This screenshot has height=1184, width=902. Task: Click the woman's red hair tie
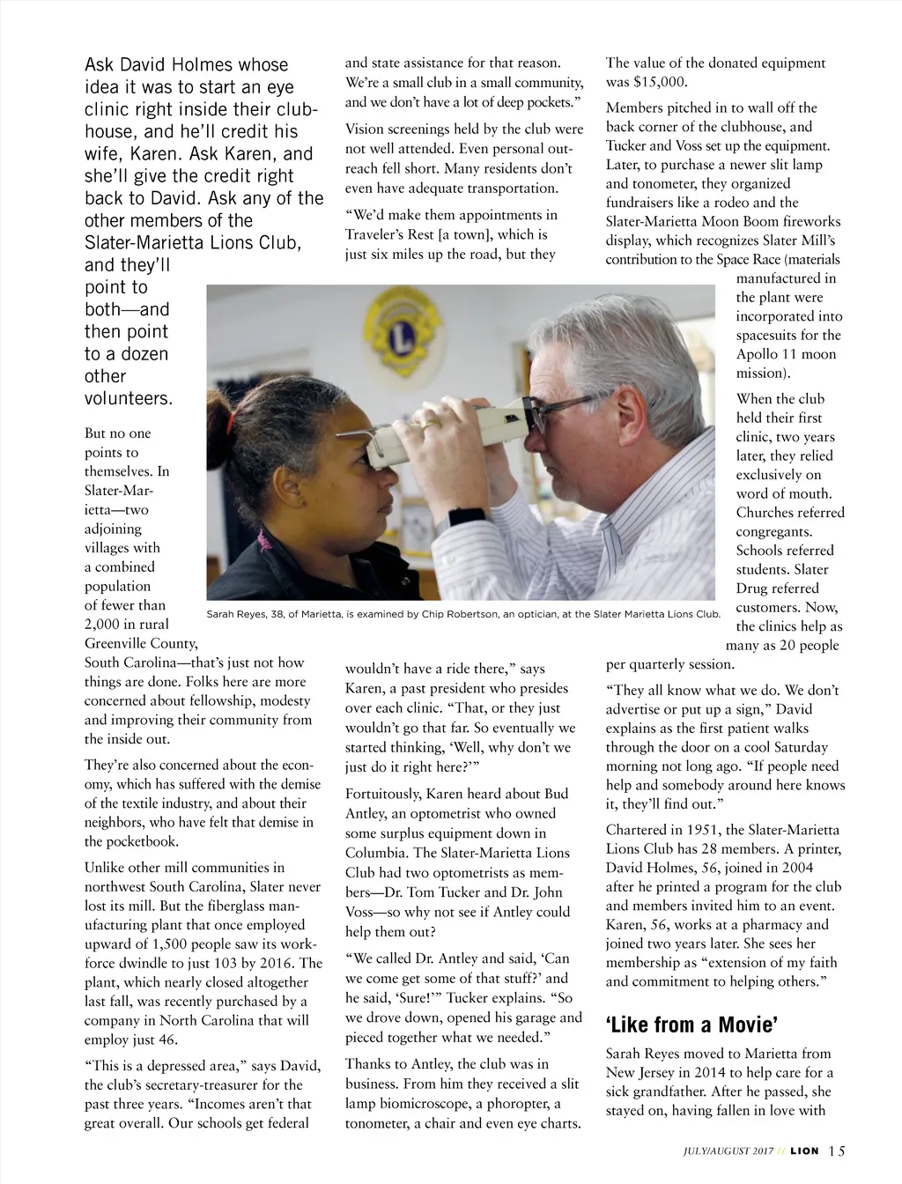(231, 425)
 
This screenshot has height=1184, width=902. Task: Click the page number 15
(836, 1151)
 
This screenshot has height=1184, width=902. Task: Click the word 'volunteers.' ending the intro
(129, 398)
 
